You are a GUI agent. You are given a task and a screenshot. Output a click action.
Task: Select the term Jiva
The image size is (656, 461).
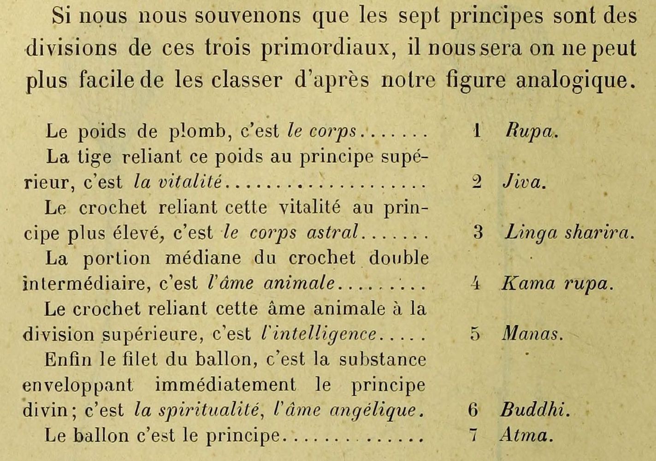point(523,182)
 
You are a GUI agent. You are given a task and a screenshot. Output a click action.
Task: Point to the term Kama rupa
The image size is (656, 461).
point(556,283)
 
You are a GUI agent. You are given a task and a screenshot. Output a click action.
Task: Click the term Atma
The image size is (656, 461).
point(525,435)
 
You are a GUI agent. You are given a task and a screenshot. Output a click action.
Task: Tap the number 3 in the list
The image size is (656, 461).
point(478,232)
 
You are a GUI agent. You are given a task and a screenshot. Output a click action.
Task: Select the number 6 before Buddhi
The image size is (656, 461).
point(473,409)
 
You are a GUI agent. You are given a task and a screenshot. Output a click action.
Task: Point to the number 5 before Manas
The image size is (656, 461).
point(475,333)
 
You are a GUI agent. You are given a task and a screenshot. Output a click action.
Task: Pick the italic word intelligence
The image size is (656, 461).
point(318,334)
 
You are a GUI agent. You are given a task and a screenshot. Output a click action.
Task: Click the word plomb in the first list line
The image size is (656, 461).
point(198,132)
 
